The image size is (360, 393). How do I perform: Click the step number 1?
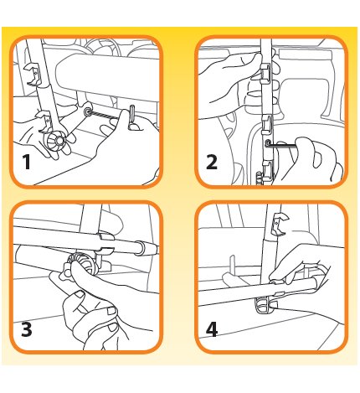coord(27,162)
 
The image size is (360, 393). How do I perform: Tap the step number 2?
coord(212,162)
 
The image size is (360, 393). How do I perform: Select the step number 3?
coord(27,329)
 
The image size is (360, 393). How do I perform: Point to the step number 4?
coord(212,329)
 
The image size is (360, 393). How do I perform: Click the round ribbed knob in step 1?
coord(58,141)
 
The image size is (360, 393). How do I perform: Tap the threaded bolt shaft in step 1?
coord(101,115)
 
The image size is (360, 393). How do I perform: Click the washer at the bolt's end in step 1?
coord(88,111)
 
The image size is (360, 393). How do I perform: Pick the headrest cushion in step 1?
coord(107,74)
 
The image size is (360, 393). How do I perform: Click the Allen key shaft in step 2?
coord(283,144)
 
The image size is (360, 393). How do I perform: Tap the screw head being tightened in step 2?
coord(268,143)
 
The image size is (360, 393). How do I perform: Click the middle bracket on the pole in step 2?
coord(266,123)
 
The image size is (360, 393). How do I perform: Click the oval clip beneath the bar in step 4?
coord(264,304)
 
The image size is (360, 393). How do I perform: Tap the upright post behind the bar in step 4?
coord(232,265)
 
